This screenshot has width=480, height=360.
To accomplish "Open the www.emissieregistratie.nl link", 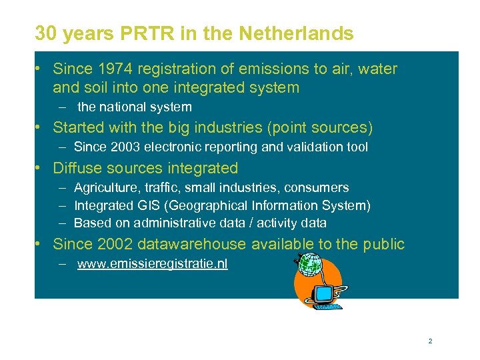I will point(152,264).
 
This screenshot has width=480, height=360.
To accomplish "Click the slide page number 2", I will point(430,341).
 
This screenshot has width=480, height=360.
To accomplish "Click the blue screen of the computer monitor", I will point(324,293).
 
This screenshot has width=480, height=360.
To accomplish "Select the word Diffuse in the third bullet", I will point(75,168).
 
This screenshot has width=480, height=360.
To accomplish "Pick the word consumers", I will point(318,188).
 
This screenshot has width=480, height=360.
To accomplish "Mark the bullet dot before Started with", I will point(41,127).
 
